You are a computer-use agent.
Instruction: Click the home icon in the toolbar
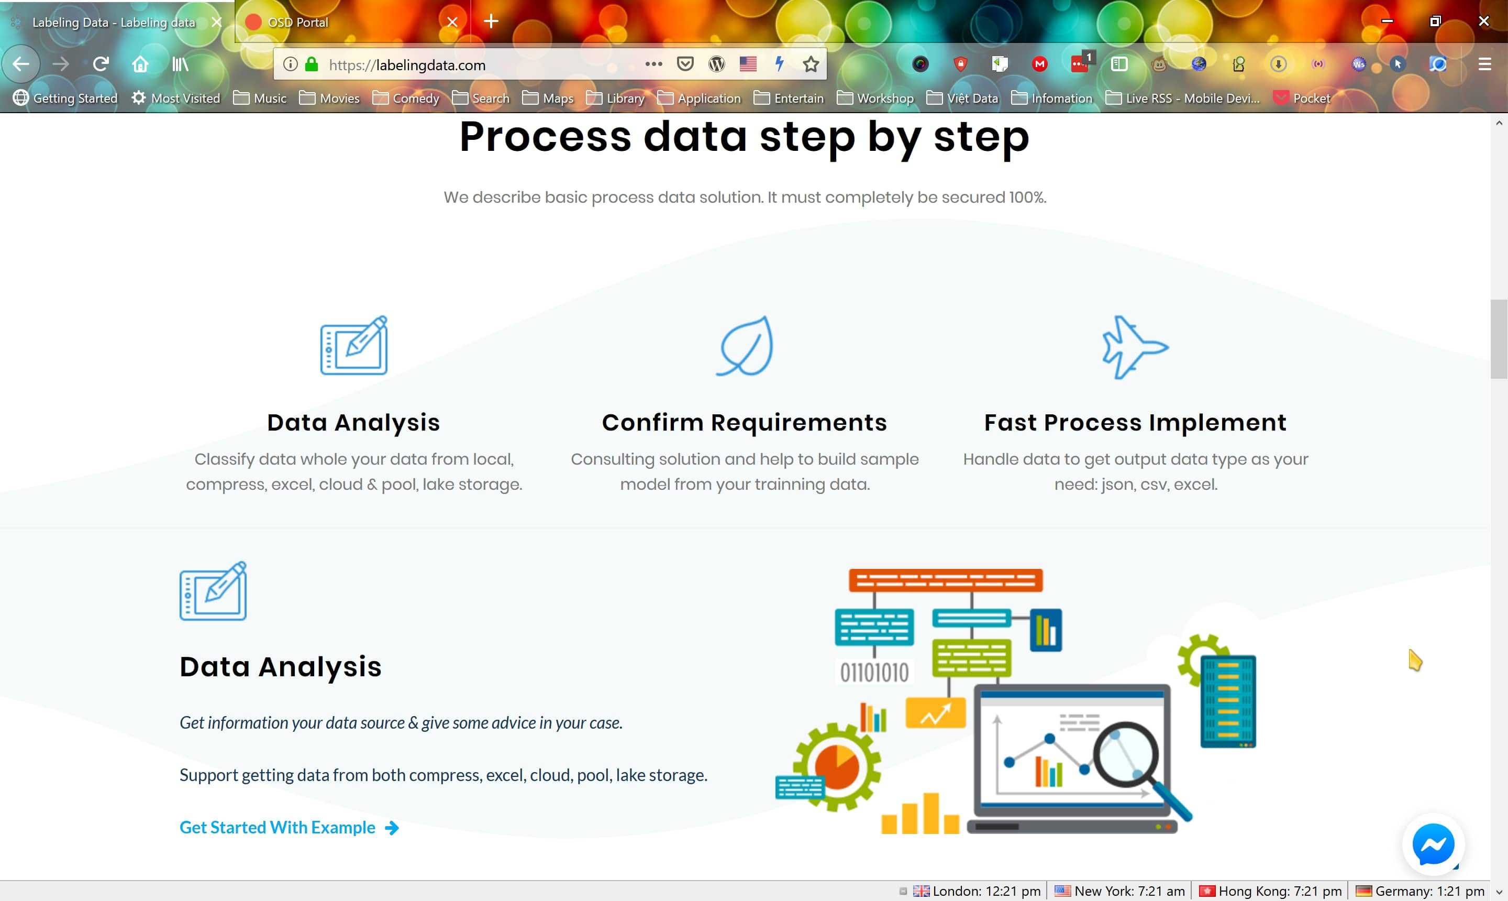tap(140, 64)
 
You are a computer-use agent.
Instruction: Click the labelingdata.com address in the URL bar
tap(430, 65)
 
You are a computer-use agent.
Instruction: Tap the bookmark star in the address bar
tap(811, 64)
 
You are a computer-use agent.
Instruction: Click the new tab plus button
tap(491, 22)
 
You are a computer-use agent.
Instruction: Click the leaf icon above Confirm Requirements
tap(745, 346)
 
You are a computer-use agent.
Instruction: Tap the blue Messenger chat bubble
tap(1433, 844)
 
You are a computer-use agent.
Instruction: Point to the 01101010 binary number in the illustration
tap(874, 673)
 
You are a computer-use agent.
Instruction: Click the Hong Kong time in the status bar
tap(1271, 891)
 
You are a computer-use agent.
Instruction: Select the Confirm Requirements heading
tap(744, 423)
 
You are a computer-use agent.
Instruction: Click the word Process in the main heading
tap(545, 137)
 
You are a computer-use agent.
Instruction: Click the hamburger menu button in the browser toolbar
tap(1484, 64)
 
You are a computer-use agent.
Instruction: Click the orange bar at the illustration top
tap(946, 580)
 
